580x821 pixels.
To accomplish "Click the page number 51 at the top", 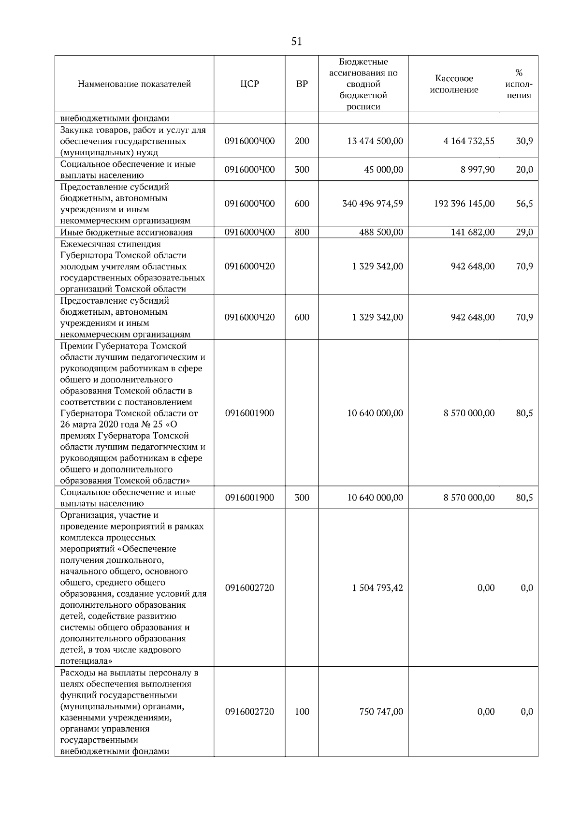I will click(x=297, y=42).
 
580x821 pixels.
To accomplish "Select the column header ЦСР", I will click(x=249, y=84).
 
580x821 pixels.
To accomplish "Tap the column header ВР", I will click(x=302, y=84).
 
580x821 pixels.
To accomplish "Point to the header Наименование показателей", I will click(x=134, y=84).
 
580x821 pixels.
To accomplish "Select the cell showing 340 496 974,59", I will click(x=372, y=204).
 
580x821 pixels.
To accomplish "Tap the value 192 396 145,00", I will click(x=464, y=204).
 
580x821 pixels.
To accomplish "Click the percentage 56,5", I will click(x=524, y=204).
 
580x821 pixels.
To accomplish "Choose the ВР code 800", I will click(x=302, y=232).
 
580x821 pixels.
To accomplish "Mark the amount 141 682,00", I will click(x=472, y=232).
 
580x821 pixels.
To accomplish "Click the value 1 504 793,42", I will click(x=377, y=588).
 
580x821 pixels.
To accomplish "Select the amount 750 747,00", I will click(x=381, y=712).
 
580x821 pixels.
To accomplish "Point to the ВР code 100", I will click(x=302, y=712).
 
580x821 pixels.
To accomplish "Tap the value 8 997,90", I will click(x=478, y=170).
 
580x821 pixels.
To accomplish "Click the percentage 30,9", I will click(x=524, y=141).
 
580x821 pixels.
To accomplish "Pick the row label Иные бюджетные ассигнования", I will click(x=126, y=232).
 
